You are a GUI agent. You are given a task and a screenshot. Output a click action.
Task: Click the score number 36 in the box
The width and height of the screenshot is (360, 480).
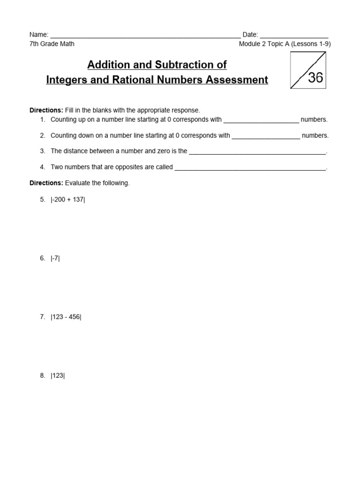pyautogui.click(x=315, y=77)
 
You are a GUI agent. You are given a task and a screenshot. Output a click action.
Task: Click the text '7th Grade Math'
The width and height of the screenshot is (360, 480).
pyautogui.click(x=52, y=44)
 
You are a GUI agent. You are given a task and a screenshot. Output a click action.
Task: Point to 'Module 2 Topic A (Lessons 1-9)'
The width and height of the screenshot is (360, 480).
pyautogui.click(x=285, y=44)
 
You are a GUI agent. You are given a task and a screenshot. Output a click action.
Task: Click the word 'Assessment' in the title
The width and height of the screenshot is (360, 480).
pyautogui.click(x=239, y=80)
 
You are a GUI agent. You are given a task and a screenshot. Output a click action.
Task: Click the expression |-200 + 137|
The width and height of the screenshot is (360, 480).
pyautogui.click(x=68, y=199)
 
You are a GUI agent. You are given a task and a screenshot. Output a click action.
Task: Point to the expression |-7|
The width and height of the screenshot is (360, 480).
pyautogui.click(x=55, y=258)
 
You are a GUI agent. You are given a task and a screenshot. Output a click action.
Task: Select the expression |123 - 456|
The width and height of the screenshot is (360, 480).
pyautogui.click(x=66, y=317)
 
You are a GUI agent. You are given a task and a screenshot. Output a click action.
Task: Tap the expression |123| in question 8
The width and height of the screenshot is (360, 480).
pyautogui.click(x=58, y=375)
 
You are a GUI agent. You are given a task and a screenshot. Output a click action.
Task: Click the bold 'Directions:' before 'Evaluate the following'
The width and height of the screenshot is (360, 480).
pyautogui.click(x=46, y=183)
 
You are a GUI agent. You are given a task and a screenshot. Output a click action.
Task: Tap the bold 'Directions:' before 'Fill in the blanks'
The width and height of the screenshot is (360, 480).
pyautogui.click(x=46, y=110)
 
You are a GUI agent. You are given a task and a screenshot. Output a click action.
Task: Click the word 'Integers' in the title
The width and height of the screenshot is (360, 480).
pyautogui.click(x=64, y=80)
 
